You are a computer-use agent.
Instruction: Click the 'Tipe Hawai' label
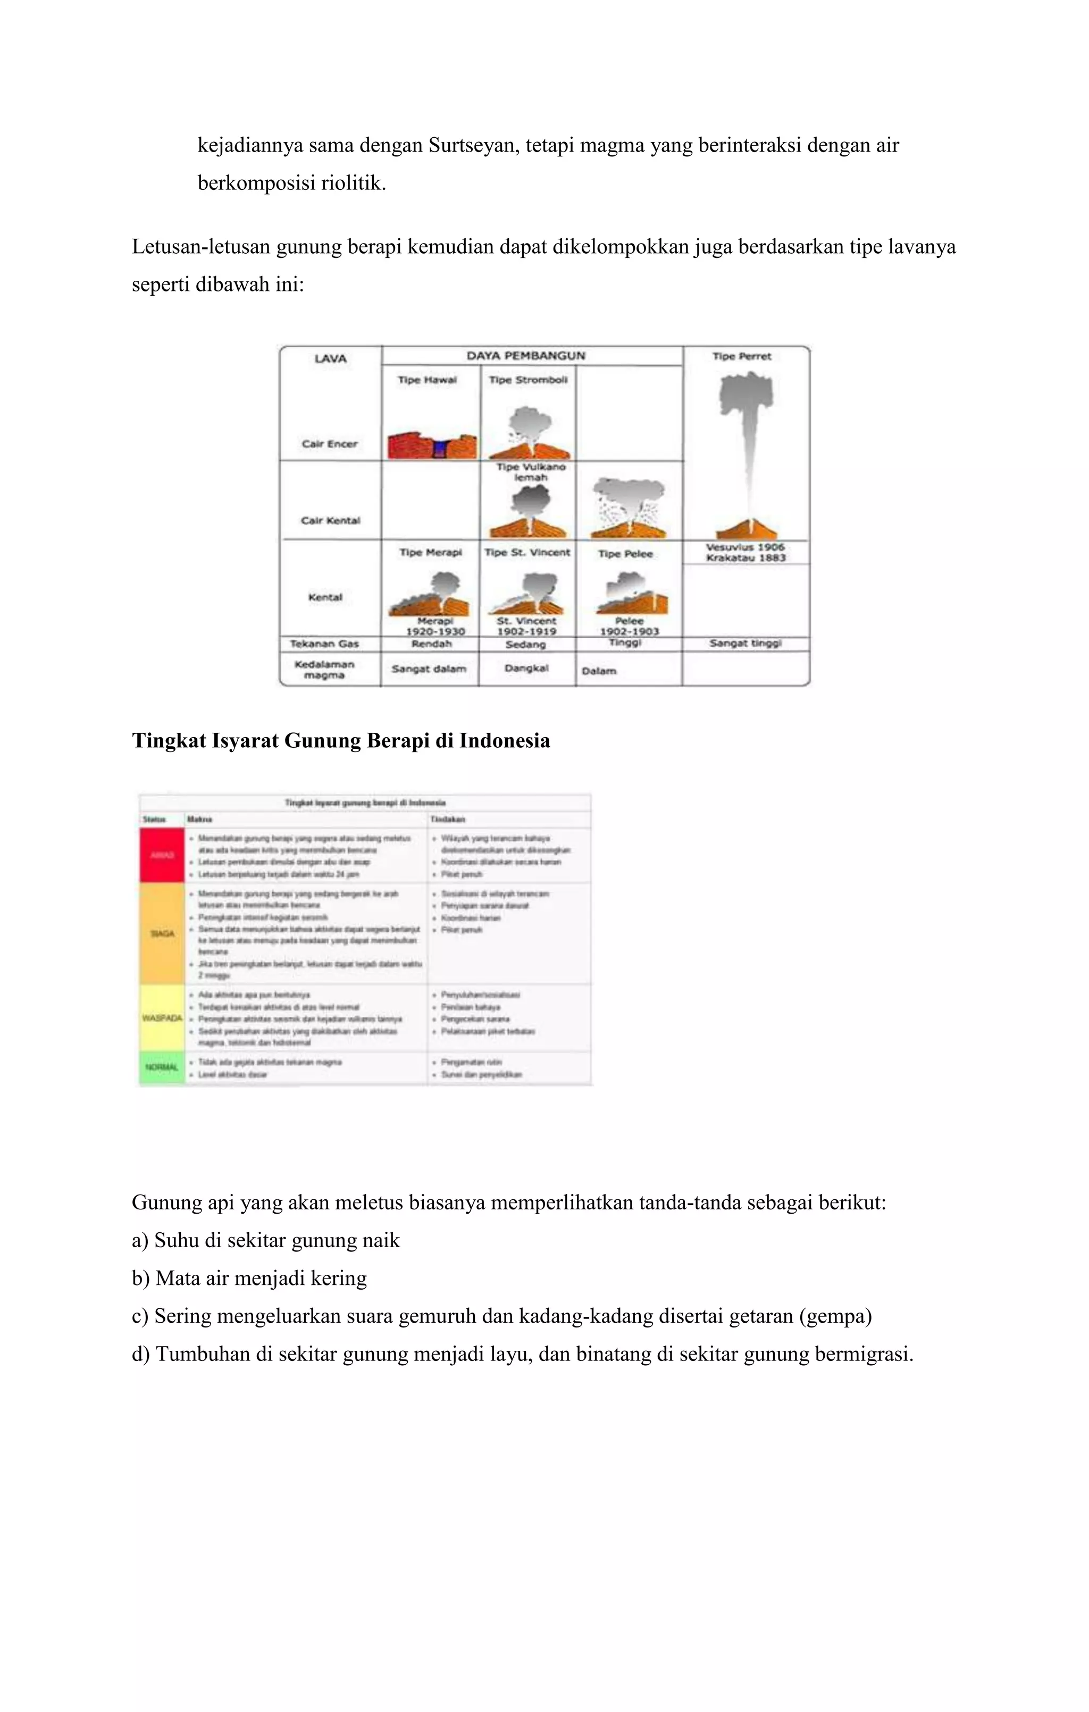coord(426,380)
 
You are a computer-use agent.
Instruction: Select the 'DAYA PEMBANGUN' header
coord(525,355)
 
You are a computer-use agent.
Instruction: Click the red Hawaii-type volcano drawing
coord(431,445)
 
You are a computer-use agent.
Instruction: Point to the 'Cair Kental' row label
coord(331,521)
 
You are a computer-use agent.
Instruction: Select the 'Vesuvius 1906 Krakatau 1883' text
coord(745,553)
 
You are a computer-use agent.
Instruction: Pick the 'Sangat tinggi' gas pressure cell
coord(745,644)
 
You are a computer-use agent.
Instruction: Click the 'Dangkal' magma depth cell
coord(526,669)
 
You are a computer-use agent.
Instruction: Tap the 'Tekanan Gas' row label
coord(324,644)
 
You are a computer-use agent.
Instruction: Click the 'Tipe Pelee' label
coord(625,554)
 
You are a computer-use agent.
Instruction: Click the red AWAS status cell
coord(162,855)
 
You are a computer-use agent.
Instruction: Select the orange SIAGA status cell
coord(162,933)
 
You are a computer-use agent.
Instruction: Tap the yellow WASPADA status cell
coord(162,1018)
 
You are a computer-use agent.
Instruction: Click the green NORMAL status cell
coord(162,1068)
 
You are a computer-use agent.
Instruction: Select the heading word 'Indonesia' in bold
coord(504,741)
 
